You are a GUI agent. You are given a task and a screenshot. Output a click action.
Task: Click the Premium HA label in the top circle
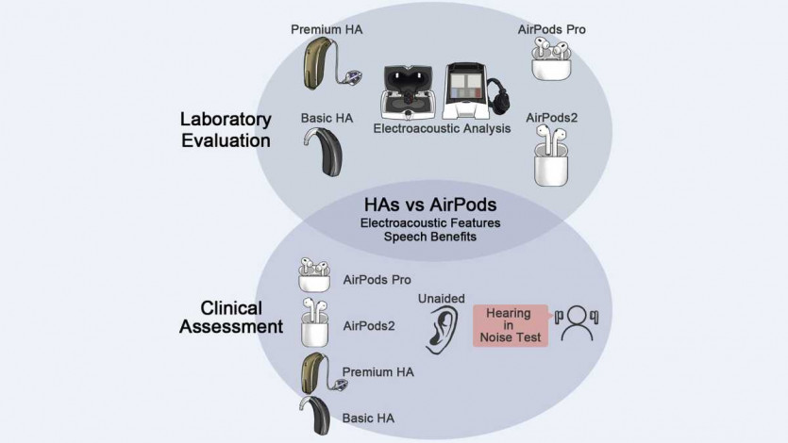point(326,28)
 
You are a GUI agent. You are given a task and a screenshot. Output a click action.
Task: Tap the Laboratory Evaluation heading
point(226,130)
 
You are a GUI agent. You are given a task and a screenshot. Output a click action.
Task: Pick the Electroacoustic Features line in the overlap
point(430,222)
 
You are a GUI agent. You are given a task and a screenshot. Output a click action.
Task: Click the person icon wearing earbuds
point(577,323)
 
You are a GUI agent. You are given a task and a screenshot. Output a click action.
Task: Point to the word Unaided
point(441,298)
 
